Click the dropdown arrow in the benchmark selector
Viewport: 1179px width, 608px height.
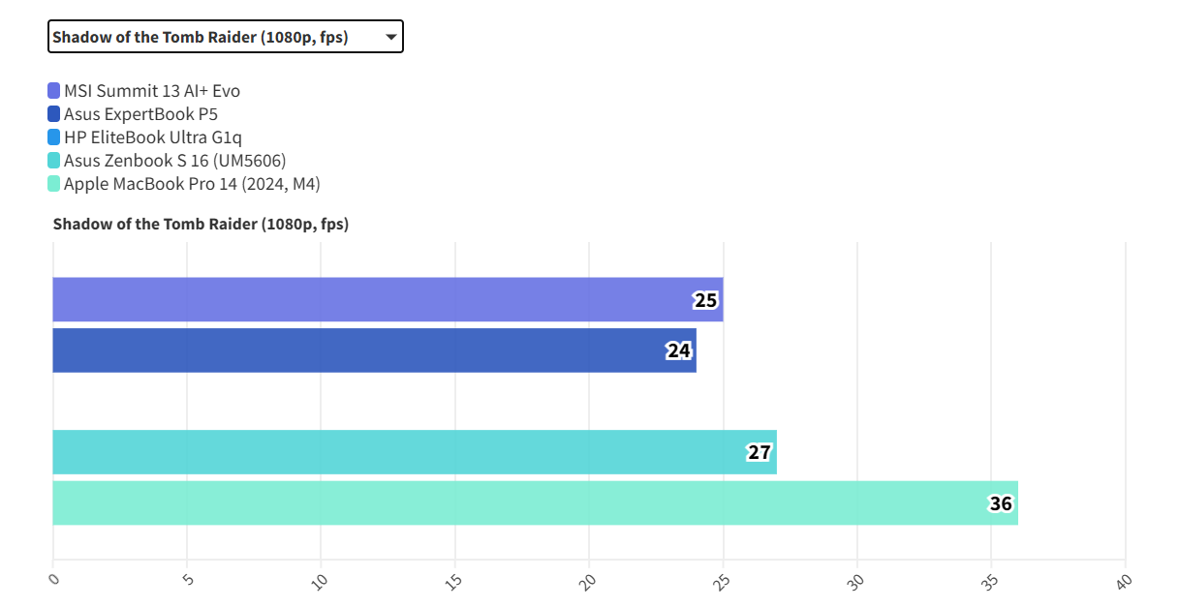(390, 38)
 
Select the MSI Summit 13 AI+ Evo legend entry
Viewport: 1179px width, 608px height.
(151, 91)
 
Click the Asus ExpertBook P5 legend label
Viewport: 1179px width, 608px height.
(140, 114)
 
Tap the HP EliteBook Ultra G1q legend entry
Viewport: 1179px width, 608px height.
(152, 137)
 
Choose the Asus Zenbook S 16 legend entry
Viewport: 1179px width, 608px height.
(174, 161)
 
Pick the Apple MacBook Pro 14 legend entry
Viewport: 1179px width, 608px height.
(191, 184)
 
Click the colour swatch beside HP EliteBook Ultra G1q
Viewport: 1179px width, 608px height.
(54, 137)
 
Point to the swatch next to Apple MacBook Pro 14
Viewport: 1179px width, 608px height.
(54, 184)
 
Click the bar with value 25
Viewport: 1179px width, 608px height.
(388, 299)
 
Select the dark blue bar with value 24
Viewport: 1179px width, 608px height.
(374, 350)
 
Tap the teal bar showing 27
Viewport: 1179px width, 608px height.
(415, 452)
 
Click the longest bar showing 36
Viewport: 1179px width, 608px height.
(535, 502)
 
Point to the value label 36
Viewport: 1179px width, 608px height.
(1001, 503)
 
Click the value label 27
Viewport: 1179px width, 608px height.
(760, 452)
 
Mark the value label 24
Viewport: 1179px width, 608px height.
(679, 350)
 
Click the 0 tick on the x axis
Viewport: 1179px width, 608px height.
(54, 579)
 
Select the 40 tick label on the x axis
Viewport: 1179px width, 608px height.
(1124, 581)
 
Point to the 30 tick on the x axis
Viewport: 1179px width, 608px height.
(856, 581)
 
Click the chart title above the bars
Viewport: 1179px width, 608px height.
(201, 224)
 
